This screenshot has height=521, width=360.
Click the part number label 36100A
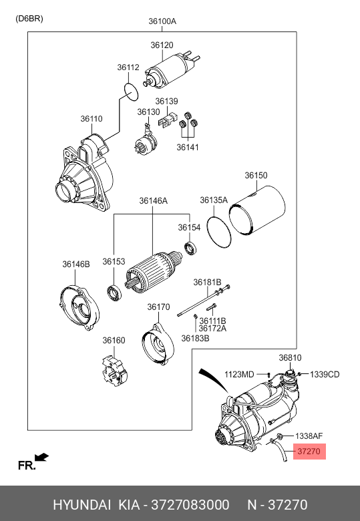click(x=162, y=21)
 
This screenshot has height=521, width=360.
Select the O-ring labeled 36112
click(x=131, y=92)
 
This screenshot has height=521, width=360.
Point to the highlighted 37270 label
click(x=309, y=452)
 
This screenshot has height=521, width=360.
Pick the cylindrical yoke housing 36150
click(x=257, y=210)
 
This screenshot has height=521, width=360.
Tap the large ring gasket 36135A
click(x=219, y=232)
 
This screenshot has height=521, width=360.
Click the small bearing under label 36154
click(x=190, y=248)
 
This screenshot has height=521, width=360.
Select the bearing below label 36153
click(x=114, y=293)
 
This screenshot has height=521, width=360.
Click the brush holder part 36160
click(x=115, y=371)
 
